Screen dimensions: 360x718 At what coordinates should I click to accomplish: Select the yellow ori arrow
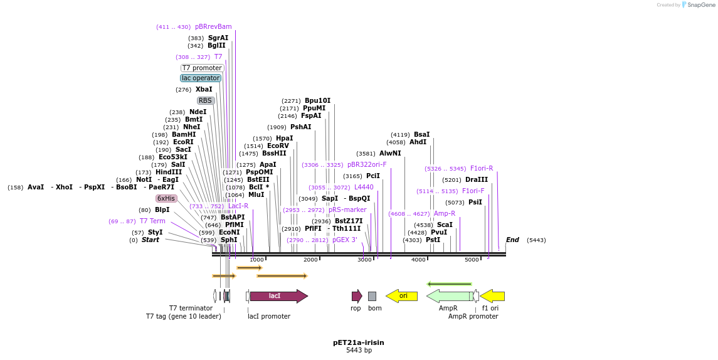(x=402, y=296)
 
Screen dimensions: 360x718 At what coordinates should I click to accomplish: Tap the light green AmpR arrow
(x=449, y=296)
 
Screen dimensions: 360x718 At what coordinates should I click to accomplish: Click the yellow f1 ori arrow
(x=492, y=296)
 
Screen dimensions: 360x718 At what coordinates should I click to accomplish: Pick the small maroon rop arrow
(x=357, y=296)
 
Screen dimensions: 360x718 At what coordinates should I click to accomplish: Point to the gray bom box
(x=372, y=296)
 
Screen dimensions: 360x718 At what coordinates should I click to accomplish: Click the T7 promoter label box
(x=202, y=68)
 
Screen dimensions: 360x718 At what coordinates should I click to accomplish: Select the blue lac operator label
(x=201, y=78)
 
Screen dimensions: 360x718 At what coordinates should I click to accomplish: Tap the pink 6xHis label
(x=166, y=198)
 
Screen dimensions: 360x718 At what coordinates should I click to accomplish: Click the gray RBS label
(x=205, y=100)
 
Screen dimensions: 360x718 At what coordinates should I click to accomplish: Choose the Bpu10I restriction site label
(x=317, y=100)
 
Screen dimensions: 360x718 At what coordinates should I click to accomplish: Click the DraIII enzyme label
(x=476, y=179)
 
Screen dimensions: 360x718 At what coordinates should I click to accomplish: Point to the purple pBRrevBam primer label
(x=213, y=27)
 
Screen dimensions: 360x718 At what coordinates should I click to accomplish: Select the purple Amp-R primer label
(x=444, y=214)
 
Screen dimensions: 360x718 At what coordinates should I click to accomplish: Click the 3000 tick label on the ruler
(x=364, y=260)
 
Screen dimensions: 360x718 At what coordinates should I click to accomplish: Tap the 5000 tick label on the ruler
(x=472, y=260)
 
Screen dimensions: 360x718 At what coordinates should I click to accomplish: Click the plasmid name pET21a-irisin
(x=359, y=342)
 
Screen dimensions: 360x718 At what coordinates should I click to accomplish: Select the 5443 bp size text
(x=359, y=350)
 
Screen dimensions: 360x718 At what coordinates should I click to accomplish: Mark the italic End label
(x=512, y=240)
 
